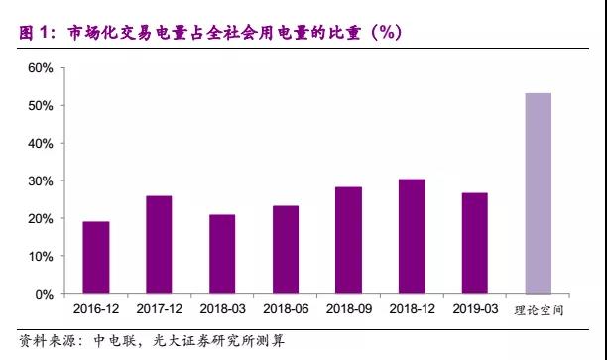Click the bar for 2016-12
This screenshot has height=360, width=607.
click(96, 258)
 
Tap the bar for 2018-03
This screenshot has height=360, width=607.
click(222, 254)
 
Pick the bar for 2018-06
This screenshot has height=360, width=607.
click(286, 250)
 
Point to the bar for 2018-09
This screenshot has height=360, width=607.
click(349, 240)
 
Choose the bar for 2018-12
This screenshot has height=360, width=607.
click(412, 236)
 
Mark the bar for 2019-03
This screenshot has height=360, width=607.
click(475, 243)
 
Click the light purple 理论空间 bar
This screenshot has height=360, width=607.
click(539, 193)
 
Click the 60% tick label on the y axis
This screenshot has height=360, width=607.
click(41, 68)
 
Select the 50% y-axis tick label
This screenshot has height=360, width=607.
click(41, 106)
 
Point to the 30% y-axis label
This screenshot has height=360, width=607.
click(41, 181)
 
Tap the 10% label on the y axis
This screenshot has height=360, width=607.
click(41, 257)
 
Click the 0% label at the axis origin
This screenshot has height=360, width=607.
click(44, 295)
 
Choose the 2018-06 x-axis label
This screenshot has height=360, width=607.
click(286, 309)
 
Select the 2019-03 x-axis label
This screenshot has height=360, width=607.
click(475, 309)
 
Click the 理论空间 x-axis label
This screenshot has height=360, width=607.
click(539, 310)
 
